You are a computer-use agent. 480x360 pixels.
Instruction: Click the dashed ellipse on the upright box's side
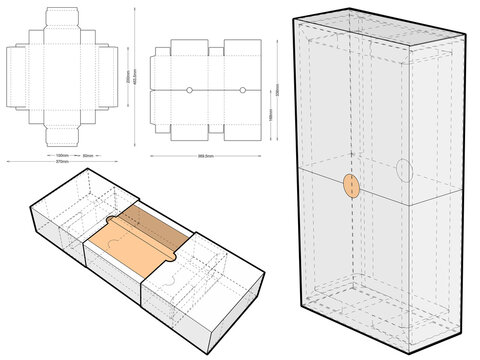(402, 169)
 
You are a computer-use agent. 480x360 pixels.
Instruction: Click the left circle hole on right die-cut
(189, 91)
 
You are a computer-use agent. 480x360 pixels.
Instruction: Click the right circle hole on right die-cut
(243, 91)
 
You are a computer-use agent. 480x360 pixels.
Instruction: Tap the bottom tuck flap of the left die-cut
(62, 133)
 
